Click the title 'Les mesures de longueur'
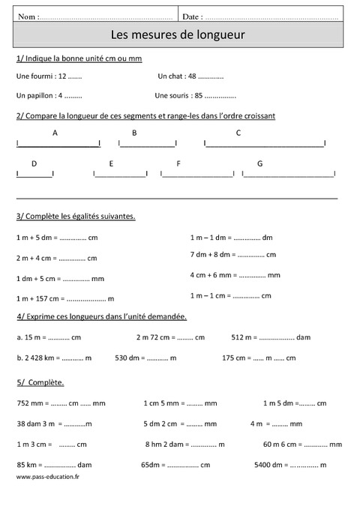178,34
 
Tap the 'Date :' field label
192,16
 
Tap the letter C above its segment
238,133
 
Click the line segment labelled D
34,175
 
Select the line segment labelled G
288,175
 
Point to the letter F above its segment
178,163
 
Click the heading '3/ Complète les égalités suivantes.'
76,216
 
